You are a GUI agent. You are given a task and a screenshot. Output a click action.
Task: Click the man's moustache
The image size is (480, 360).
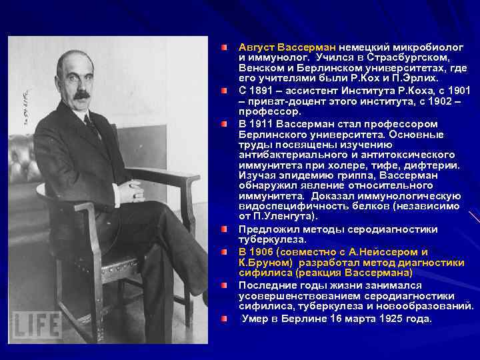81,95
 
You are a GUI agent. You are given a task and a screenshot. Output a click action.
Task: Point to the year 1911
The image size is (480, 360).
267,124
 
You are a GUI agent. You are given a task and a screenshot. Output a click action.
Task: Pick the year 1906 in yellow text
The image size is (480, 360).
267,252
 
